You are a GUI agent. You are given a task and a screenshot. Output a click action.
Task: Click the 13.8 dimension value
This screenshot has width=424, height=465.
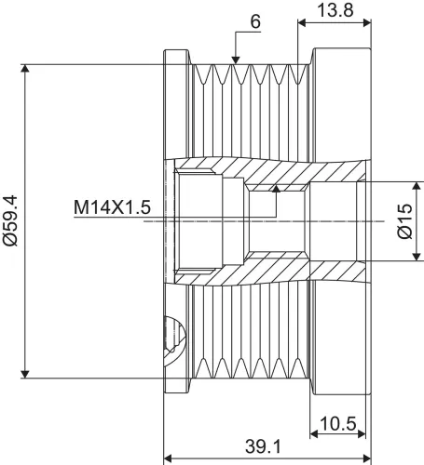pyautogui.click(x=335, y=10)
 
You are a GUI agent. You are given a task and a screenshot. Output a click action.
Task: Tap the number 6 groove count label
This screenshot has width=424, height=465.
pyautogui.click(x=255, y=22)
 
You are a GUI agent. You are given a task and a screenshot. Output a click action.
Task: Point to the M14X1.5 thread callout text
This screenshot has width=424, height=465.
pyautogui.click(x=112, y=207)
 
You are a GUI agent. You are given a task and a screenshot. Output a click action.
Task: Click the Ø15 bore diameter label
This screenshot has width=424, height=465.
pyautogui.click(x=404, y=221)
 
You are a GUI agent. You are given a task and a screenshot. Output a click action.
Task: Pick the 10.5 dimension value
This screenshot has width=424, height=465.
pyautogui.click(x=337, y=423)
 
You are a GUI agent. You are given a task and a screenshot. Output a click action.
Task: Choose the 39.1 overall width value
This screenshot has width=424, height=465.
pyautogui.click(x=263, y=446)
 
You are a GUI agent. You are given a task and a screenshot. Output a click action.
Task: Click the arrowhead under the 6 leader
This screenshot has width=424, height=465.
pyautogui.click(x=236, y=60)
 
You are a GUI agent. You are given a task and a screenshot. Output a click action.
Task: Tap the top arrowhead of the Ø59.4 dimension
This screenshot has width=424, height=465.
pyautogui.click(x=25, y=68)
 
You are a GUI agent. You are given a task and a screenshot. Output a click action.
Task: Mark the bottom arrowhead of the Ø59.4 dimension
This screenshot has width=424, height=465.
pyautogui.click(x=25, y=374)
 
